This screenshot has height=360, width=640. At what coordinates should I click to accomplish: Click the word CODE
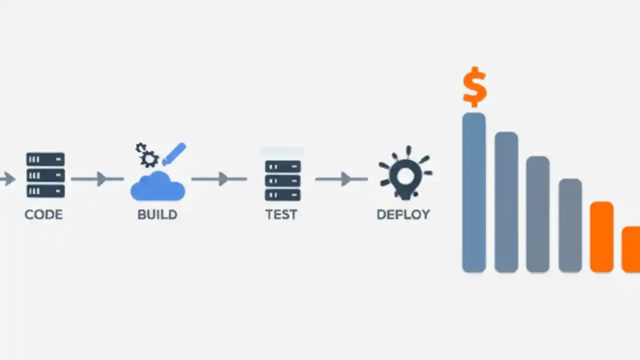(43, 214)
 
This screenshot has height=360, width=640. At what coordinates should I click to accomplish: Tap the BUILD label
(157, 214)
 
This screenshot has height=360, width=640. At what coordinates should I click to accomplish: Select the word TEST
(281, 214)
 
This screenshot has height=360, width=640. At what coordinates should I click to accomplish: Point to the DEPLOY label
(403, 214)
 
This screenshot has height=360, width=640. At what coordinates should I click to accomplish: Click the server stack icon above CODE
(45, 175)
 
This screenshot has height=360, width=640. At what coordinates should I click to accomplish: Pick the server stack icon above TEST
(282, 180)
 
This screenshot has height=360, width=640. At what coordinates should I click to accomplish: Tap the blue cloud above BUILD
(158, 186)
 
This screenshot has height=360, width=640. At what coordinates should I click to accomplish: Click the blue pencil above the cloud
(174, 154)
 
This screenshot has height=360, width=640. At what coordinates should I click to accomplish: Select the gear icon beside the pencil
(148, 155)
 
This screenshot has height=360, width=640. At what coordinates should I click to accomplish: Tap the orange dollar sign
(474, 86)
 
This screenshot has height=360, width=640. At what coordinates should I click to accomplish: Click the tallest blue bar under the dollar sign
(474, 192)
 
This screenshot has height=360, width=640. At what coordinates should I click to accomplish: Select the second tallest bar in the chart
(506, 202)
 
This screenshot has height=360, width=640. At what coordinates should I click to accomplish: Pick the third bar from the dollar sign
(538, 214)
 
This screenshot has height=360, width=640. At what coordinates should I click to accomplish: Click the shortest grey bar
(570, 225)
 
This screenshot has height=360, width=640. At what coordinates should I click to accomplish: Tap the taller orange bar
(601, 236)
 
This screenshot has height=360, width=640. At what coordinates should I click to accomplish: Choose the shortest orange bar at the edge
(631, 249)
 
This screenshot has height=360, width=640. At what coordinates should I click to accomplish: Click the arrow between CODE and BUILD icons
(98, 178)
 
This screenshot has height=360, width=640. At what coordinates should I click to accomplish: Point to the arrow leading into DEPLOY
(342, 178)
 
